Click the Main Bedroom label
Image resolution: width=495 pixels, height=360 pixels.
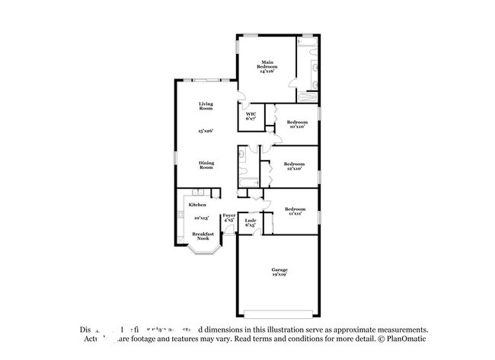click(267, 65)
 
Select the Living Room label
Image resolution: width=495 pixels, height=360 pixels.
click(206, 106)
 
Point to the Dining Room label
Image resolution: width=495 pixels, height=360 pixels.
click(206, 164)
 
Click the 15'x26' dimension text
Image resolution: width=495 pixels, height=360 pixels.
click(206, 132)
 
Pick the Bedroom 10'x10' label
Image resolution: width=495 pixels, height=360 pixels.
click(297, 124)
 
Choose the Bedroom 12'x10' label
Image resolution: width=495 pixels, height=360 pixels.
click(294, 165)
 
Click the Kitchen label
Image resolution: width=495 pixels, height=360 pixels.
click(197, 205)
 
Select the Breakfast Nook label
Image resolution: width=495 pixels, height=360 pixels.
click(202, 236)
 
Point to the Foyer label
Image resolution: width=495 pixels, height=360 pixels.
click(228, 218)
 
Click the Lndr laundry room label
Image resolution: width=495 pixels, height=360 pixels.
click(250, 223)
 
